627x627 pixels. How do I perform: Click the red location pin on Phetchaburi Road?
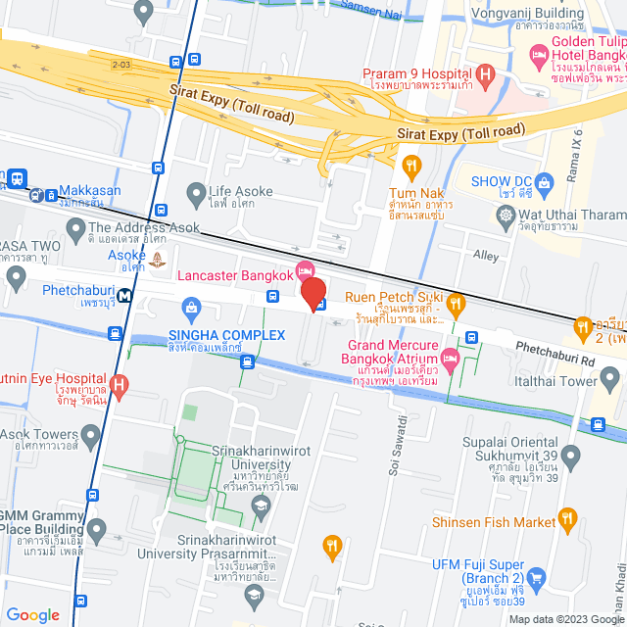[313, 294]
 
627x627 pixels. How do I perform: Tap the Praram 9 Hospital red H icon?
[485, 74]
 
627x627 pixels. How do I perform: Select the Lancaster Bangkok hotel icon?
[305, 269]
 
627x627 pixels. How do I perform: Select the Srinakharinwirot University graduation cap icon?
[260, 505]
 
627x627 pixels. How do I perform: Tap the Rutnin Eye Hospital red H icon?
[120, 384]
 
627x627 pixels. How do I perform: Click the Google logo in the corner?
[32, 614]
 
